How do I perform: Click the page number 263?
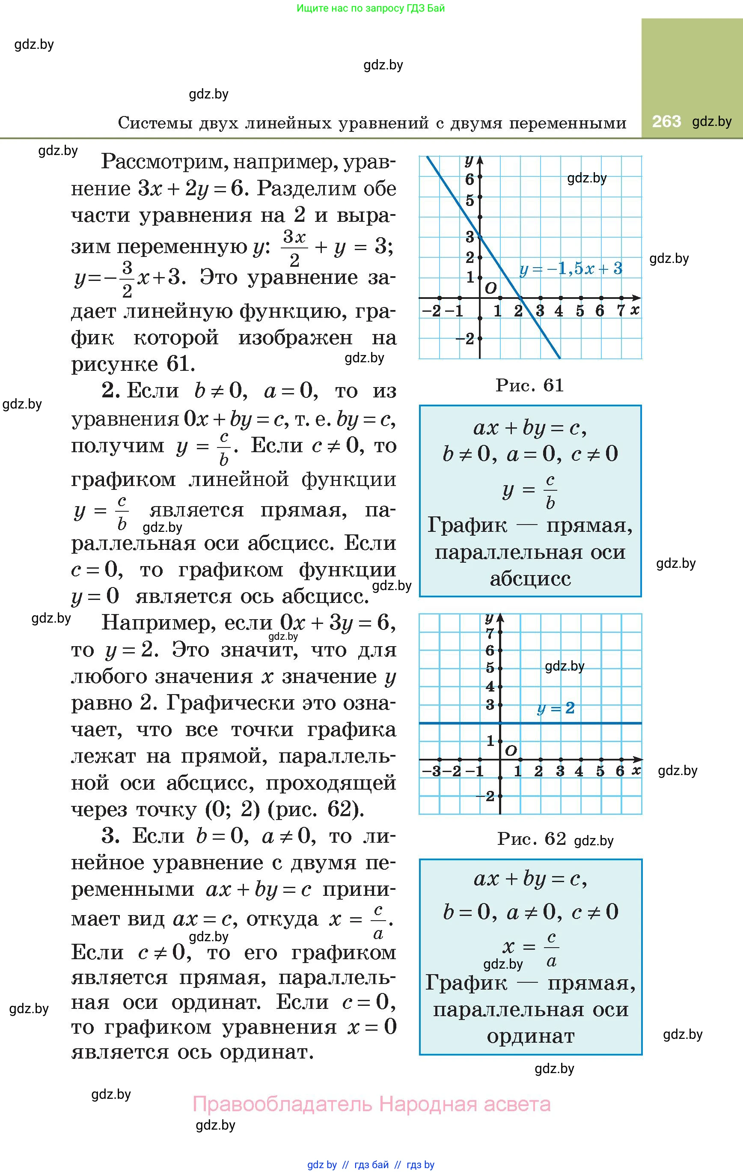coord(666,121)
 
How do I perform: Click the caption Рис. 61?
coord(530,385)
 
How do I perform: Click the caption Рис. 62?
coord(531,839)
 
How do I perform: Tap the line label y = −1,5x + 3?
coord(571,269)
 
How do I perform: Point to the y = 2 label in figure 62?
coord(556,708)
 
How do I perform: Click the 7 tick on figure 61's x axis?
coord(621,311)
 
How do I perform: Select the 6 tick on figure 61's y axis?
coord(470,179)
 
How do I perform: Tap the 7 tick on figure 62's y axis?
coord(490,633)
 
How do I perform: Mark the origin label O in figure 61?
coord(491,288)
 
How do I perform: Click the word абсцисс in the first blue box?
coord(530,579)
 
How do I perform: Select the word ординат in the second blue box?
coord(530,1036)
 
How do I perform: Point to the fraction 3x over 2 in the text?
coord(294,248)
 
